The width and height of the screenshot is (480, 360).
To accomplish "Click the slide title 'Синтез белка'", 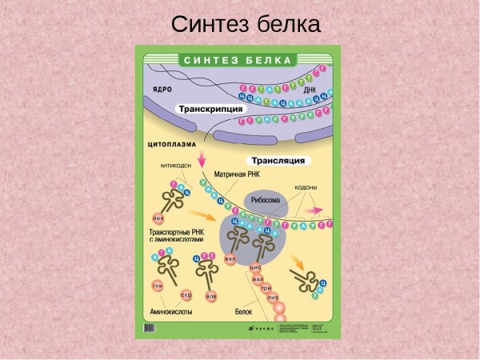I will pyautogui.click(x=246, y=24).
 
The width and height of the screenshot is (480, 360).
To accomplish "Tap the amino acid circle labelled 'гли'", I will pyautogui.click(x=158, y=286).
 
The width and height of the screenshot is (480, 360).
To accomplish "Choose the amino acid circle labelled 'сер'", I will pyautogui.click(x=186, y=295).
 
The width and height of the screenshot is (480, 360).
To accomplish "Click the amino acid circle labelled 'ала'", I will pyautogui.click(x=211, y=296).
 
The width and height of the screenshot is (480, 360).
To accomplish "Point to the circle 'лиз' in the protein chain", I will pyautogui.click(x=273, y=298).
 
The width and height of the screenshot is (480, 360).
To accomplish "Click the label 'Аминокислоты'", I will pyautogui.click(x=171, y=312).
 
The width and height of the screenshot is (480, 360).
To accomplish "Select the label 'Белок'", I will pyautogui.click(x=243, y=312).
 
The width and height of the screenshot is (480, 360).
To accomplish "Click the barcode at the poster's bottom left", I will pyautogui.click(x=150, y=328).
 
